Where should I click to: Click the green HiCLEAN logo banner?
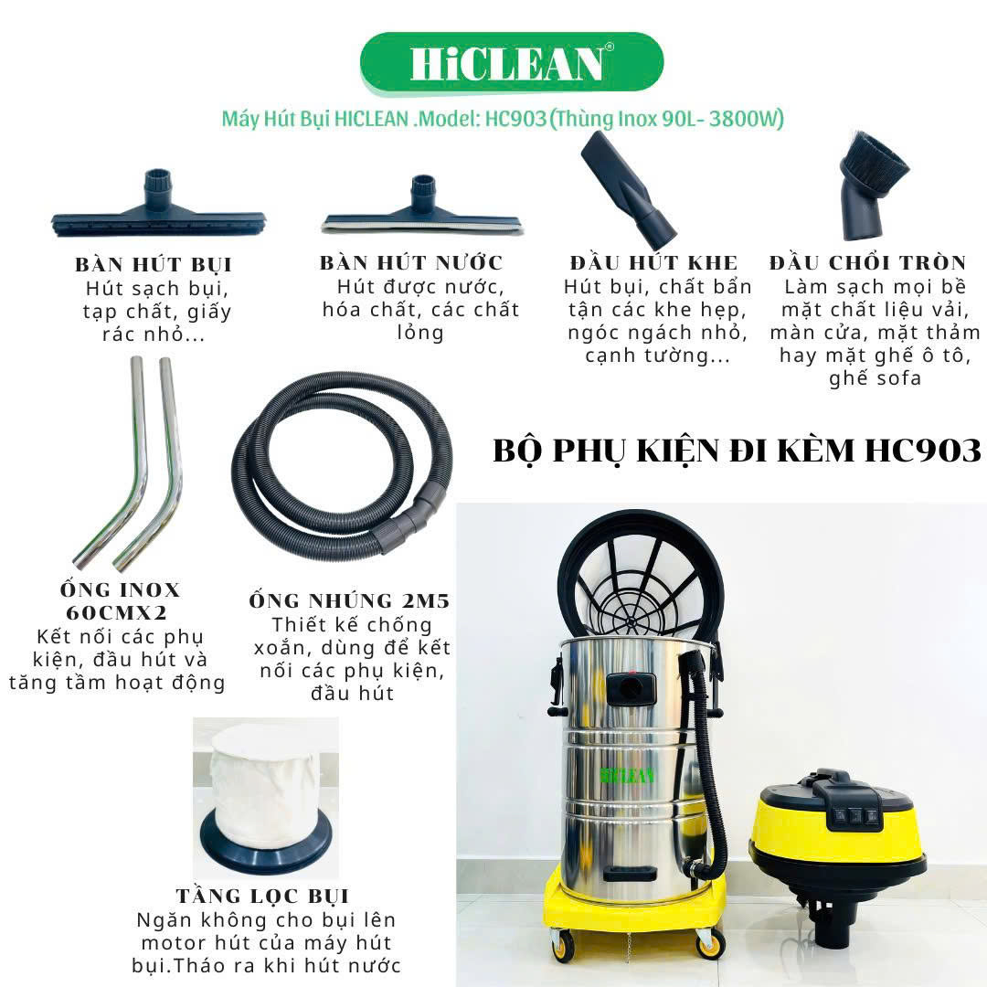[512, 64]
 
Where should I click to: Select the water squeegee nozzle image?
[421, 207]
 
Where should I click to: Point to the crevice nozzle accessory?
[628, 189]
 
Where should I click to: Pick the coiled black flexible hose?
[343, 466]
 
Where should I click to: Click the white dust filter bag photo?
[266, 799]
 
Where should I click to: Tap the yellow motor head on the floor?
[838, 850]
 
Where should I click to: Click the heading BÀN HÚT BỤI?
[154, 264]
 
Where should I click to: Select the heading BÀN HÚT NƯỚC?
[411, 262]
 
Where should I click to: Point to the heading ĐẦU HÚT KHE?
[653, 262]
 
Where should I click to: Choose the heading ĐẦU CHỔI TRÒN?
[867, 262]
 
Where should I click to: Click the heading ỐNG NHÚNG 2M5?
[349, 600]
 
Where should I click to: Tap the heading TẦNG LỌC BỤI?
[262, 896]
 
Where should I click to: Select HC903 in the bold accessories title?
[923, 451]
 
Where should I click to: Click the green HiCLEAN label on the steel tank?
[627, 774]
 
